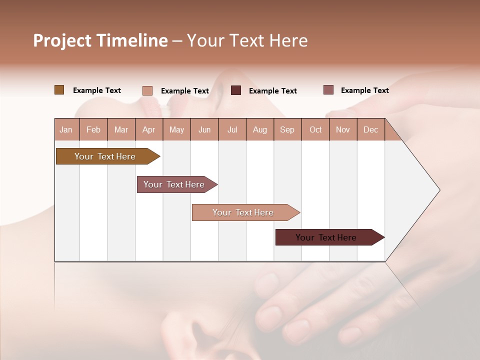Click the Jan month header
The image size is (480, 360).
pos(66,129)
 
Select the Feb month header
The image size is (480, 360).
pos(93,129)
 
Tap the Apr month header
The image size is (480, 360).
pos(148,129)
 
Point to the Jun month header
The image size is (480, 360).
pos(204,129)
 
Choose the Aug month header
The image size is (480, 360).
pos(259,129)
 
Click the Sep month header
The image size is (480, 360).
pos(287,129)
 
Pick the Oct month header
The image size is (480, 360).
pos(315,129)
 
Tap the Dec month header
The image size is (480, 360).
pos(370,129)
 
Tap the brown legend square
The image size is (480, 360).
pos(59,90)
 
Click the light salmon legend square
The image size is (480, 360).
pos(147,90)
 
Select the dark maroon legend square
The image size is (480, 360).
pos(236,90)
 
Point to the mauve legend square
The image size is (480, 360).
pos(328,90)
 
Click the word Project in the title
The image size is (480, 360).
pos(62,40)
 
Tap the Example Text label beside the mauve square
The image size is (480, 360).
pos(364,90)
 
